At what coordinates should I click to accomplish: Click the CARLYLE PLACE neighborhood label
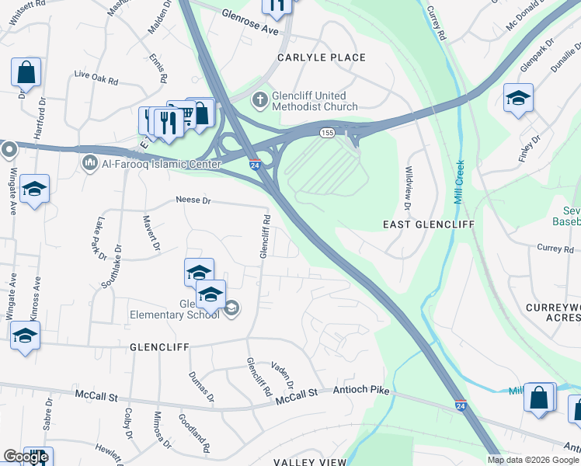[x=322, y=57]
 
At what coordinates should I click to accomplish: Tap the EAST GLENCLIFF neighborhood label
[x=428, y=224]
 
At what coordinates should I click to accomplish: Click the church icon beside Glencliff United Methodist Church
[x=259, y=100]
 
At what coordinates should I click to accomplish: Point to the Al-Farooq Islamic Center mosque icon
[x=89, y=164]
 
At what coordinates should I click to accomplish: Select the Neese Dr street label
[x=193, y=200]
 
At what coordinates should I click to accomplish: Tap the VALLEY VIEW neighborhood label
[x=309, y=461]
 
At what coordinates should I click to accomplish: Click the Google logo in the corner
[x=25, y=457]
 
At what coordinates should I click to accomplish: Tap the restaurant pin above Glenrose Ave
[x=276, y=6]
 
